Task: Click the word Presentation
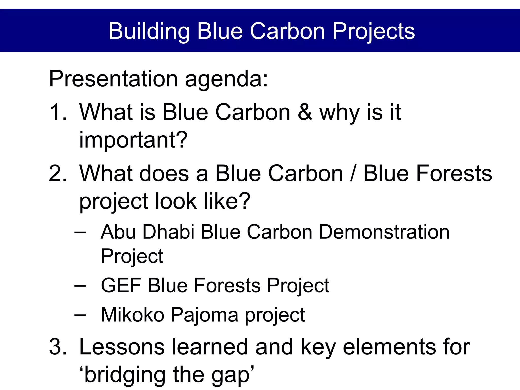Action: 113,79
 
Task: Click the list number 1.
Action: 58,112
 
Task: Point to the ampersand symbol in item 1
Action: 305,112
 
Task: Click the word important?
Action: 133,140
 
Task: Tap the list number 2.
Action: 58,173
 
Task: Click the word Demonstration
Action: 384,232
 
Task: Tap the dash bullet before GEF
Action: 80,286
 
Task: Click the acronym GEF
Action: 121,286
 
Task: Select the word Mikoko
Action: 133,315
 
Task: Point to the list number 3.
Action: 58,347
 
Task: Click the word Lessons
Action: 122,347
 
